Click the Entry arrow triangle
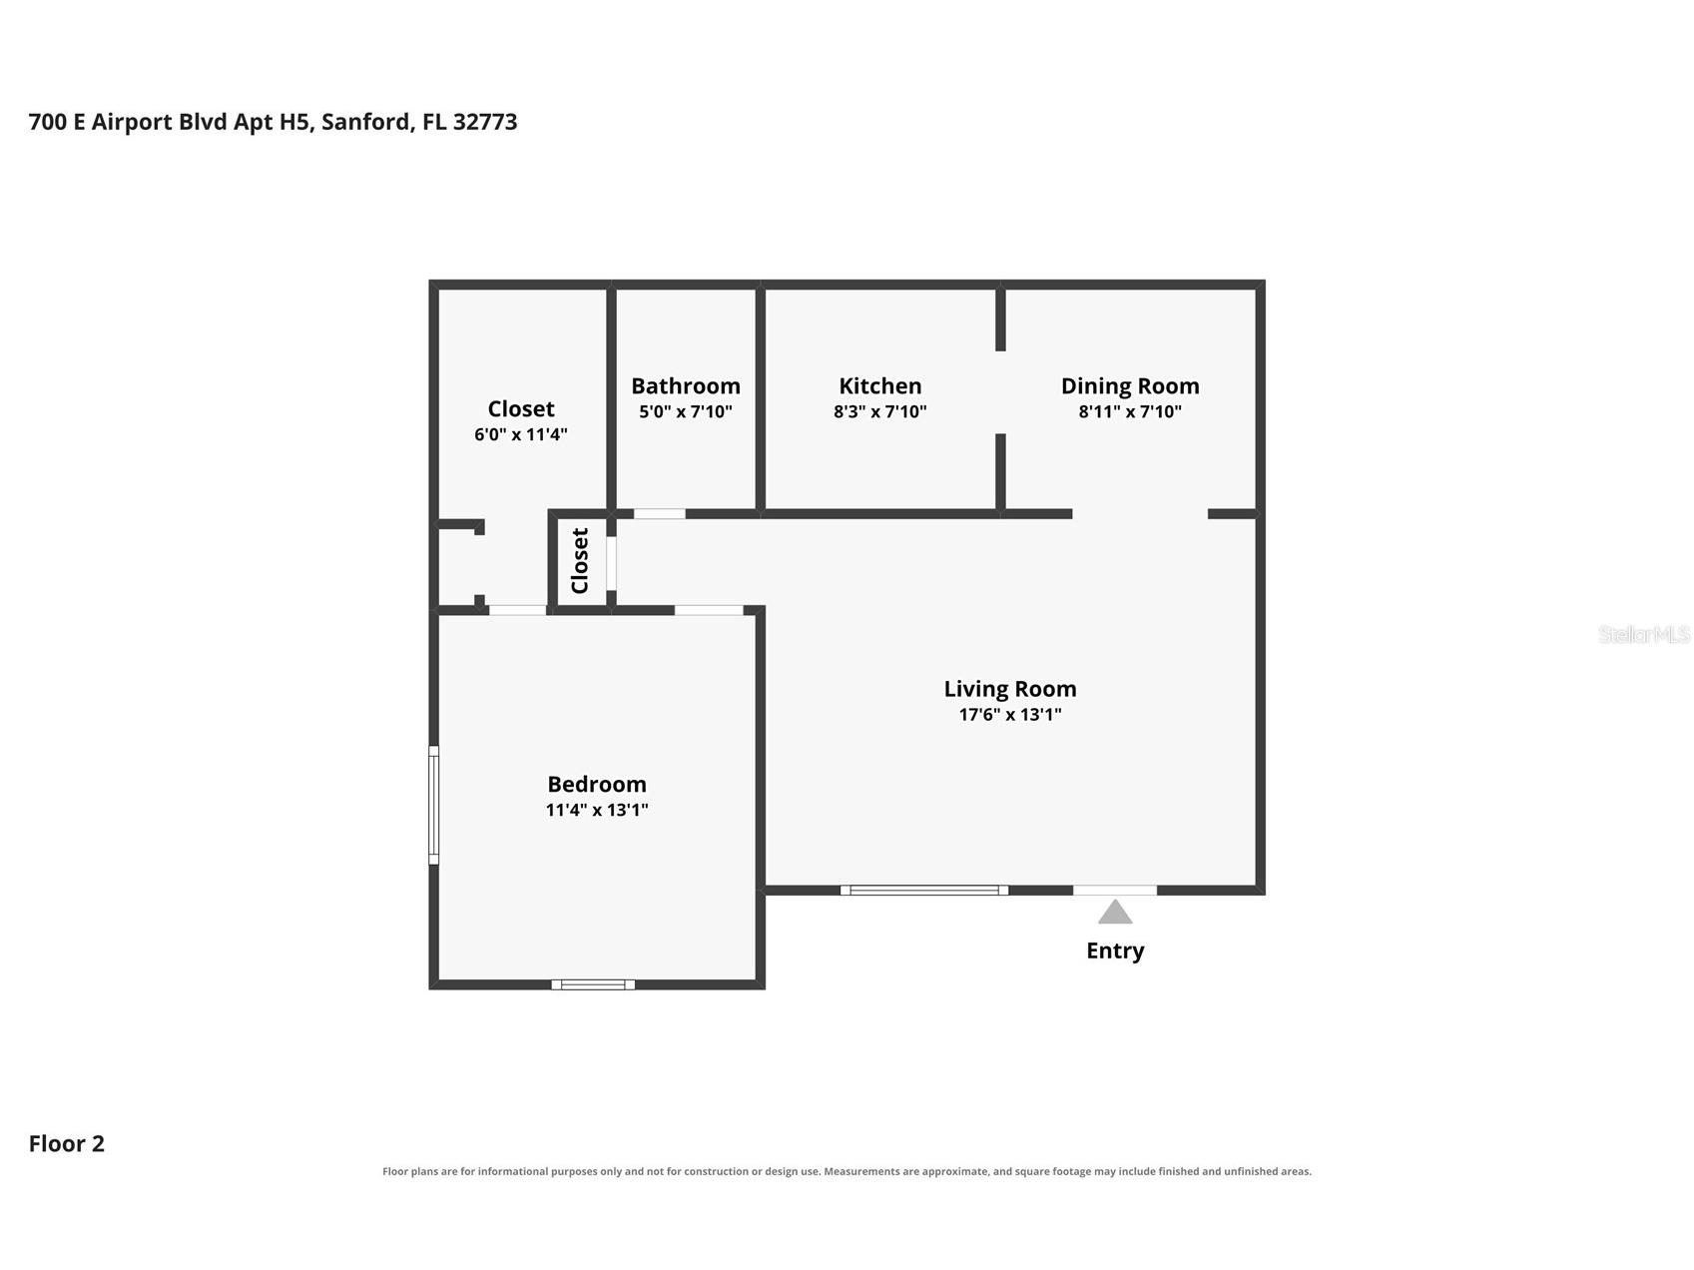(1115, 912)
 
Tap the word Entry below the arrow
(1115, 951)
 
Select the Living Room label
(1010, 689)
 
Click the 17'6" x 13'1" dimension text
(1010, 714)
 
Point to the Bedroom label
(597, 784)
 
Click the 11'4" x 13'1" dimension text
(597, 810)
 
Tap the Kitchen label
(880, 385)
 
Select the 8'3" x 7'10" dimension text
(880, 411)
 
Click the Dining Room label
(1130, 386)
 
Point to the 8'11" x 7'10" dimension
(1130, 411)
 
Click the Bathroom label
(686, 385)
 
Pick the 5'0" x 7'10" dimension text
(686, 411)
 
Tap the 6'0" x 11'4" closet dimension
(521, 434)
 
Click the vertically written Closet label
(580, 561)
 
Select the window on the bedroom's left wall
(434, 805)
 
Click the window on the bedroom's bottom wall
(593, 984)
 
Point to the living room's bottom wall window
(924, 890)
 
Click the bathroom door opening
(660, 514)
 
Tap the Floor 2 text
(67, 1144)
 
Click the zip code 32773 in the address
(485, 122)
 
